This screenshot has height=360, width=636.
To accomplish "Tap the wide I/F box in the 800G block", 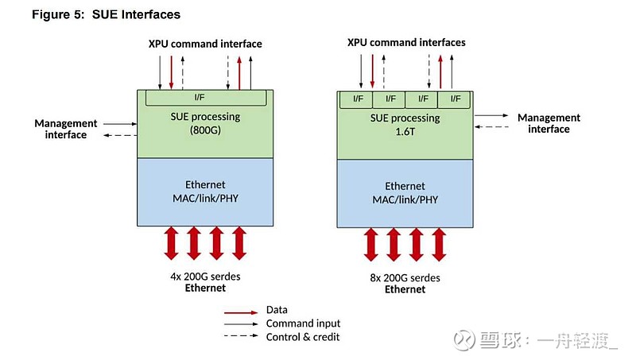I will [x=205, y=97].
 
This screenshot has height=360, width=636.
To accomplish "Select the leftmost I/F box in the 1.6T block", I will [x=358, y=99].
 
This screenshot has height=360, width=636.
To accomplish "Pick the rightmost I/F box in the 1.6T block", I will [x=455, y=99].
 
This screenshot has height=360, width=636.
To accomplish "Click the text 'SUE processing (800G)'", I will [x=205, y=123].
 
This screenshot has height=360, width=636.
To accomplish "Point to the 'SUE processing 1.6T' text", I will [x=405, y=125].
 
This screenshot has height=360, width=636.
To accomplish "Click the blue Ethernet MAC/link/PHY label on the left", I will [x=205, y=192].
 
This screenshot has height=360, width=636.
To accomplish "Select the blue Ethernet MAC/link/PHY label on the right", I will [x=405, y=193].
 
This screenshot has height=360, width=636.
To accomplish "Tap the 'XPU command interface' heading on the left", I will [x=205, y=44].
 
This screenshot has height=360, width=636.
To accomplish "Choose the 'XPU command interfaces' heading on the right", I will [x=406, y=42].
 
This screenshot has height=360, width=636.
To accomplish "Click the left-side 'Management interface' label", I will [x=66, y=129].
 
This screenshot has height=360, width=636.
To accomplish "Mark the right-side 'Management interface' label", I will [x=549, y=123].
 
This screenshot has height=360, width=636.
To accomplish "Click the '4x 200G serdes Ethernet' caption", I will [x=205, y=281].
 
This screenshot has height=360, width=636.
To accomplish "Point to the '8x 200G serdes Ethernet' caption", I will [x=405, y=284].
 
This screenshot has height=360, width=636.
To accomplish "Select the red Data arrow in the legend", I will [x=242, y=311].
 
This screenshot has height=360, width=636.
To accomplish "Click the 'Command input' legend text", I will [x=303, y=323].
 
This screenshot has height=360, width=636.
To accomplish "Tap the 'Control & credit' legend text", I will [x=303, y=337].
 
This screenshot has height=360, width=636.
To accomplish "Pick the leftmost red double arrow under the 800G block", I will [x=172, y=242].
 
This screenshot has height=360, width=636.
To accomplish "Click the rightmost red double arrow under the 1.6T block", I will [x=439, y=244].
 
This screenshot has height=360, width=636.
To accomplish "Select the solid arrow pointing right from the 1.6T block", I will [x=493, y=114].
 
